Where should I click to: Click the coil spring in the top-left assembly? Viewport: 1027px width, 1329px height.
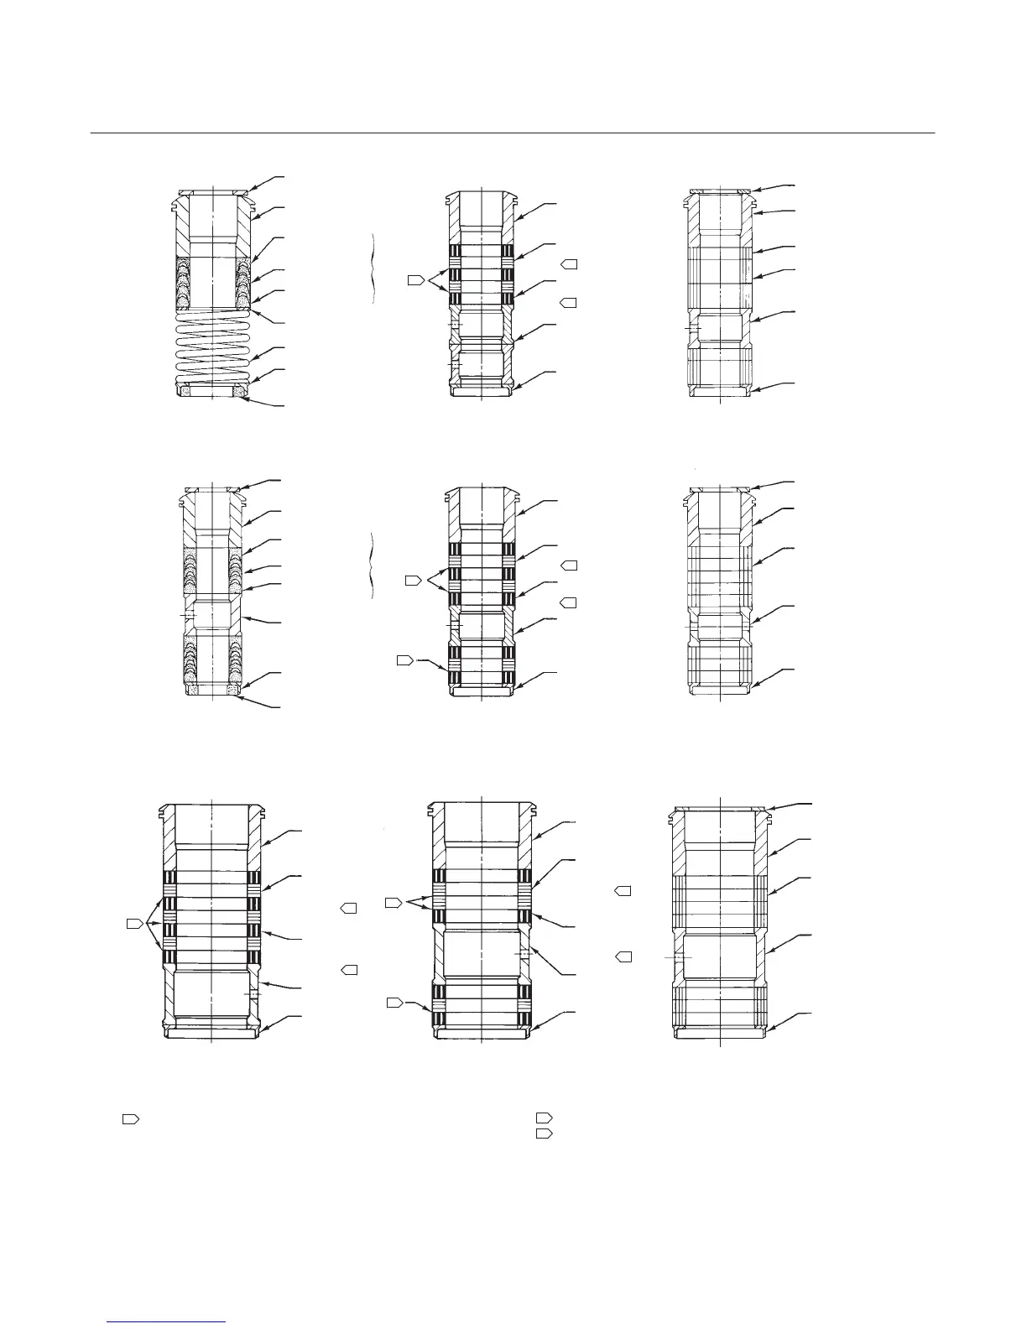(x=214, y=348)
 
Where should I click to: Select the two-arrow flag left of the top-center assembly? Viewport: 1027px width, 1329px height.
(x=415, y=279)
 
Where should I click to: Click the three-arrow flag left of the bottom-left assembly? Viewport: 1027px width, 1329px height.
(x=133, y=924)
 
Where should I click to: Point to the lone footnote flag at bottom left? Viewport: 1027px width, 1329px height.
(x=130, y=1118)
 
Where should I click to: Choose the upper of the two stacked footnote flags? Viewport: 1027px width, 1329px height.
(x=545, y=1118)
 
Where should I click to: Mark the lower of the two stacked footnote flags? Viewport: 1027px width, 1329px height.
(x=545, y=1134)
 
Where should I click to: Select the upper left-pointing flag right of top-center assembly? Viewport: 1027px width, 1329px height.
(x=569, y=264)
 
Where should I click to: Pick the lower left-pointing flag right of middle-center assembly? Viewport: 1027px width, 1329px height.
(x=569, y=602)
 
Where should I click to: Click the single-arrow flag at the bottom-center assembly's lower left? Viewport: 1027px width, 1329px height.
(x=394, y=1002)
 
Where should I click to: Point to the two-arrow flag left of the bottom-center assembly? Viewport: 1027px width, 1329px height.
(x=393, y=903)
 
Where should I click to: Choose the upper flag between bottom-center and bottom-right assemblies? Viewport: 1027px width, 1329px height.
(x=623, y=889)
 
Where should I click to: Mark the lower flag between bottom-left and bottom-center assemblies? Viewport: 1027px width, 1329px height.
(x=349, y=970)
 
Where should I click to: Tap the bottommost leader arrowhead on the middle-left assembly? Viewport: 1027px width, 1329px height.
(x=240, y=695)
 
